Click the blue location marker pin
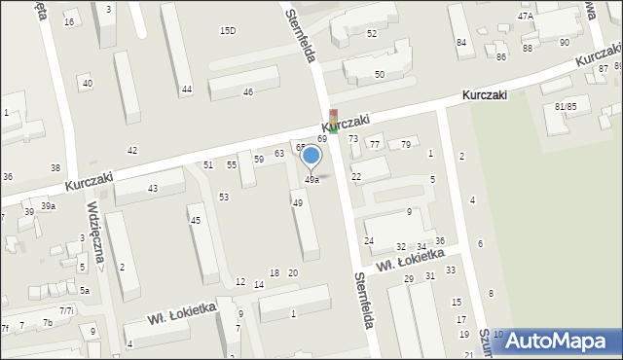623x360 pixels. (x=311, y=157)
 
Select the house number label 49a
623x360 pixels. (x=311, y=180)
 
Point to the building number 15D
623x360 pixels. (x=227, y=31)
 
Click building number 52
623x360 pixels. (x=371, y=34)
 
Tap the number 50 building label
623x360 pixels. (x=380, y=74)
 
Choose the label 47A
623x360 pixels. (x=526, y=17)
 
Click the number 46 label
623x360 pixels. (x=248, y=92)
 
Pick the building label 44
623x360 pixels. (x=186, y=90)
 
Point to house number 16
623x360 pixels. (x=68, y=21)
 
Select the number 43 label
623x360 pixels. (x=152, y=188)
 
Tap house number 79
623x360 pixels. (x=405, y=145)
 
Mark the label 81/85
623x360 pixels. (x=565, y=106)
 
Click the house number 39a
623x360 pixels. (x=47, y=207)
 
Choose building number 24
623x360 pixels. (x=369, y=240)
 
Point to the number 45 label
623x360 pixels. (x=196, y=221)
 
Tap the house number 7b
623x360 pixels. (x=47, y=322)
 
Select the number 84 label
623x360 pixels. (x=460, y=43)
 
